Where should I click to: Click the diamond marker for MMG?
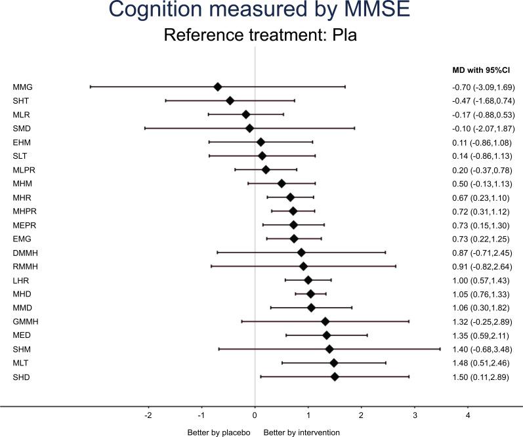(218, 87)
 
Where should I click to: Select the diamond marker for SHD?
(335, 377)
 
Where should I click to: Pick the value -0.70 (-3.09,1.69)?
(478, 87)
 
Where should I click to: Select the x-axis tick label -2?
(148, 415)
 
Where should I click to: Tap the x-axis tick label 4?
(468, 415)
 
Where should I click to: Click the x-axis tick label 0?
(255, 415)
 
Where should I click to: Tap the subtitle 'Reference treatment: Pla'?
(261, 35)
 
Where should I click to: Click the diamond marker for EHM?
(261, 142)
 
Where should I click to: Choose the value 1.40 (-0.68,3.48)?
(478, 349)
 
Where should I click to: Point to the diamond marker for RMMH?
(303, 266)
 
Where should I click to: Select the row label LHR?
(20, 280)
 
